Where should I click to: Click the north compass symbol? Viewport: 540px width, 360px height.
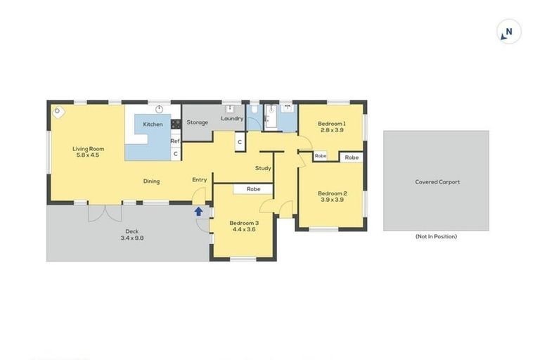click(x=508, y=32)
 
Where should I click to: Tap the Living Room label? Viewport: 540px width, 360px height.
click(x=89, y=148)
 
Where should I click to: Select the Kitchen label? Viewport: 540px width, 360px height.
click(x=153, y=124)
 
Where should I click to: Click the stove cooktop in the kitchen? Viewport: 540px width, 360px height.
click(x=176, y=124)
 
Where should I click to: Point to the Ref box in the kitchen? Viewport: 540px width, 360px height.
click(x=176, y=141)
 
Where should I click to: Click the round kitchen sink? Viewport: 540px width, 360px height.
click(x=159, y=109)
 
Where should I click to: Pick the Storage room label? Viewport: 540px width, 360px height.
click(x=198, y=122)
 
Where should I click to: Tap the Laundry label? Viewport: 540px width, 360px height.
click(x=231, y=118)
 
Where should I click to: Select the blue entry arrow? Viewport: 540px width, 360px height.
click(x=198, y=210)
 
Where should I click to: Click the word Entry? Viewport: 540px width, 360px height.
click(x=200, y=180)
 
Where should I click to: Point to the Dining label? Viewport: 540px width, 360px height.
click(x=151, y=181)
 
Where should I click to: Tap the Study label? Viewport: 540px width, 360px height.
click(x=263, y=168)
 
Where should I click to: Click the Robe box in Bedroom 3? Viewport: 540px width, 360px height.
click(x=253, y=189)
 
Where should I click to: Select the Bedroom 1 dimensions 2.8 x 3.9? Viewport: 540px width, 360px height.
click(x=331, y=130)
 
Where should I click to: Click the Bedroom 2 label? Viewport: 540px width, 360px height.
click(x=331, y=193)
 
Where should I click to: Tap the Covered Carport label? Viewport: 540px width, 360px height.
click(x=437, y=182)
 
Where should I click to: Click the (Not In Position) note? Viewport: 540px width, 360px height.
click(x=436, y=237)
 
